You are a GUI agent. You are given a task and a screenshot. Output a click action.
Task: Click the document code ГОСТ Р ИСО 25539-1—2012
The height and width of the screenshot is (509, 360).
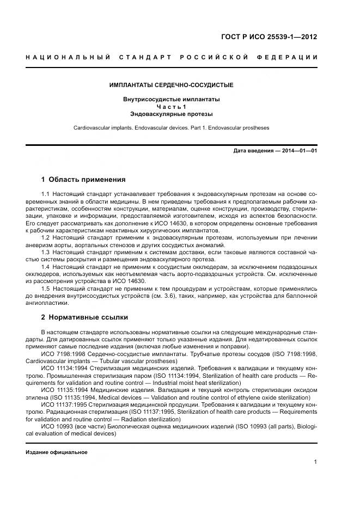click(269, 38)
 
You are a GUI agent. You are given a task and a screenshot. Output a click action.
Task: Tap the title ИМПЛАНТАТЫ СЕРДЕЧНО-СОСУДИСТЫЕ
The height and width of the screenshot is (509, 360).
click(171, 85)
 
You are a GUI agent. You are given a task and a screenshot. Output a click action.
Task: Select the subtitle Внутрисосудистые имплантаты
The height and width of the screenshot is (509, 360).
click(171, 100)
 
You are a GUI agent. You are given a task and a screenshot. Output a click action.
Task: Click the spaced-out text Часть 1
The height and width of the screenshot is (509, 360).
click(171, 107)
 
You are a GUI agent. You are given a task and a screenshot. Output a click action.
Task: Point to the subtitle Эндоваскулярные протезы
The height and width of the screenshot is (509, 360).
click(171, 115)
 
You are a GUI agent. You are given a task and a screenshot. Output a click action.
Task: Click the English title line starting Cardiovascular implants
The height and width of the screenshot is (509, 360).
click(171, 128)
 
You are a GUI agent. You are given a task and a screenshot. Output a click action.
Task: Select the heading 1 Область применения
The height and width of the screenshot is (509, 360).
click(83, 180)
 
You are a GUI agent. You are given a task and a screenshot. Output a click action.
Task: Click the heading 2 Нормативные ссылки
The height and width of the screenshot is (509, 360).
click(84, 317)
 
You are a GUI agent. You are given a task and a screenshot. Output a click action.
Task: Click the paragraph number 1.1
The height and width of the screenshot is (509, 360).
click(46, 194)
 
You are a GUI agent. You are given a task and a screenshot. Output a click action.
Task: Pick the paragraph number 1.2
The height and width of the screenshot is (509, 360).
click(46, 238)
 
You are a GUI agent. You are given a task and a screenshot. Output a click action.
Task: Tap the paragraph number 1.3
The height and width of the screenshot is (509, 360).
click(46, 252)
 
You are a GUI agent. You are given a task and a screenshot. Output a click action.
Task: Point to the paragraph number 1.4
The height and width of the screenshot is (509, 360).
click(46, 267)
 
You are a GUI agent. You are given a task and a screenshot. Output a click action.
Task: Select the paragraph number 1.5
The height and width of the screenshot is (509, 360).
click(46, 289)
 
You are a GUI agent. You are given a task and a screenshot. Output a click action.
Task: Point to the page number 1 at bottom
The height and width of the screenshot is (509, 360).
click(315, 462)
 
